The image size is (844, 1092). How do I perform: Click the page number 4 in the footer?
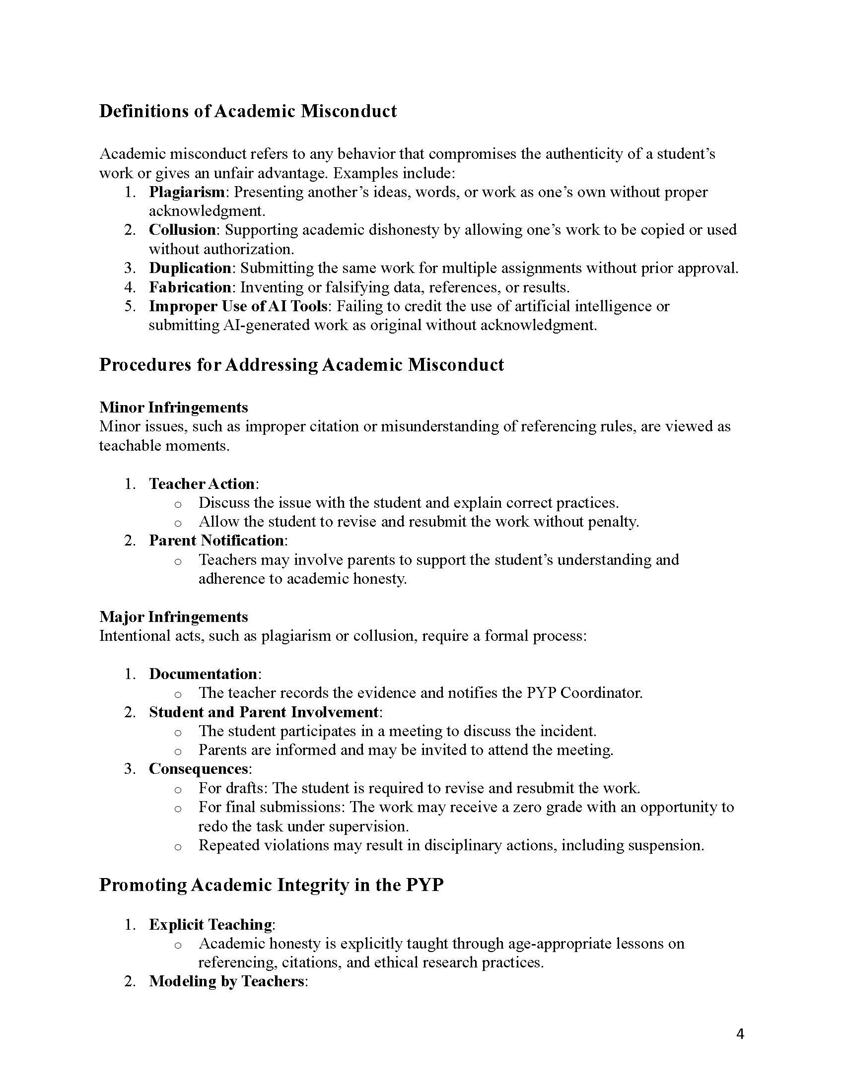(x=740, y=1034)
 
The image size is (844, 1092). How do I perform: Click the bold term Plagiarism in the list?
(x=187, y=192)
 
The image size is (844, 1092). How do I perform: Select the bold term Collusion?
(x=182, y=230)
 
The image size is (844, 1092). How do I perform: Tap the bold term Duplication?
(x=190, y=268)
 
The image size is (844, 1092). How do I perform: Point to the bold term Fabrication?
(x=190, y=287)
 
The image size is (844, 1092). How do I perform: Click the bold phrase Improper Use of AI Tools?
(x=238, y=306)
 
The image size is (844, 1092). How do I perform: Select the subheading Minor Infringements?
(x=173, y=408)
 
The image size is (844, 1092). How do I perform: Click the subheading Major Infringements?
(x=173, y=617)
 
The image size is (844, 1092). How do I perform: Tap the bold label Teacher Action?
(x=202, y=484)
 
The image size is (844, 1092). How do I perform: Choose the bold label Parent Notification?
(x=216, y=541)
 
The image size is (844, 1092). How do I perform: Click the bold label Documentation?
(x=203, y=674)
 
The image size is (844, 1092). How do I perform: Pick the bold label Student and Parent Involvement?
(x=264, y=712)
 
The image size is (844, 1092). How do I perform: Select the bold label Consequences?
(x=199, y=768)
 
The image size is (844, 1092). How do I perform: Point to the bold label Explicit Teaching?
(x=211, y=925)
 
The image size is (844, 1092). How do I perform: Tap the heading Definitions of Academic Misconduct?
(x=248, y=111)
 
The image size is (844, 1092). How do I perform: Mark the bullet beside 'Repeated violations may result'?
(x=178, y=847)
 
